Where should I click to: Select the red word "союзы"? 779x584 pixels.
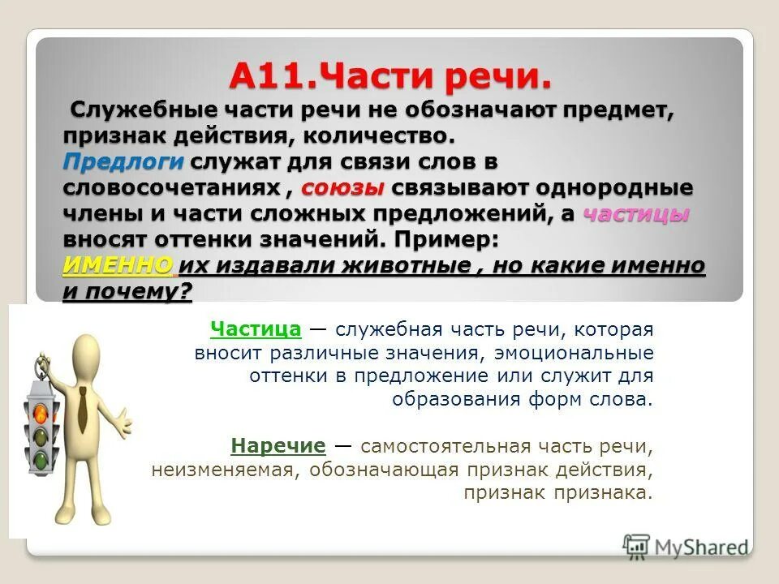point(344,188)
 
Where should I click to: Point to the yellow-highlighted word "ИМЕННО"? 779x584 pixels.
point(118,267)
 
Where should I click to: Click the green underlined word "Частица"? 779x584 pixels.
point(256,329)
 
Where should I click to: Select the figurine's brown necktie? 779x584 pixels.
point(82,410)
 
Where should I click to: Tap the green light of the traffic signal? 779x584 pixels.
point(39,460)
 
